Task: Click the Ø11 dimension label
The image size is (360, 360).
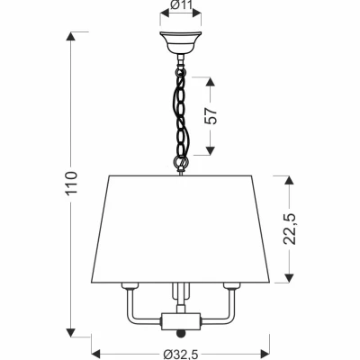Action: (181, 4)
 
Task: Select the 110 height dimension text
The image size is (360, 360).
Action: (71, 184)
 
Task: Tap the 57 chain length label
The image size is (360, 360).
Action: (211, 115)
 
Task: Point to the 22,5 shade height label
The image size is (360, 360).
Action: (290, 229)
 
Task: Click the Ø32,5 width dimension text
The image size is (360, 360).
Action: (181, 355)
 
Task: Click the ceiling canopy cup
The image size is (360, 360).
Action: (180, 42)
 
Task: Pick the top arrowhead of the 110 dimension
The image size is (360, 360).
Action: (71, 36)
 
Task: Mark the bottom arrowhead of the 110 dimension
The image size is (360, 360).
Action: (71, 332)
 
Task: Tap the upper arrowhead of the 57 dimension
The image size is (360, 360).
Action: (211, 82)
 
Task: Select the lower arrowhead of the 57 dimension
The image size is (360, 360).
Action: (211, 150)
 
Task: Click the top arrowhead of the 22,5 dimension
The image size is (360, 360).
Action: (289, 181)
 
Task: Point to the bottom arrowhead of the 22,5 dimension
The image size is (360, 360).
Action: (289, 278)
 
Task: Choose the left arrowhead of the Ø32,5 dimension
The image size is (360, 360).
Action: (96, 351)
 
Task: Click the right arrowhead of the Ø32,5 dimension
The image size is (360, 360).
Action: (265, 351)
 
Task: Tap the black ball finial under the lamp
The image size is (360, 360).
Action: (181, 334)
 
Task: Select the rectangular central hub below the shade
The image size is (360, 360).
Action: (181, 321)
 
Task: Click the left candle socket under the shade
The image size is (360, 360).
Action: (130, 286)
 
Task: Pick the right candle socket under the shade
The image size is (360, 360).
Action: (231, 286)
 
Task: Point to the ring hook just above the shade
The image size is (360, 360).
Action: (180, 163)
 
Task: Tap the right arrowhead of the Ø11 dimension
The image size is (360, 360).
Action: (196, 13)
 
